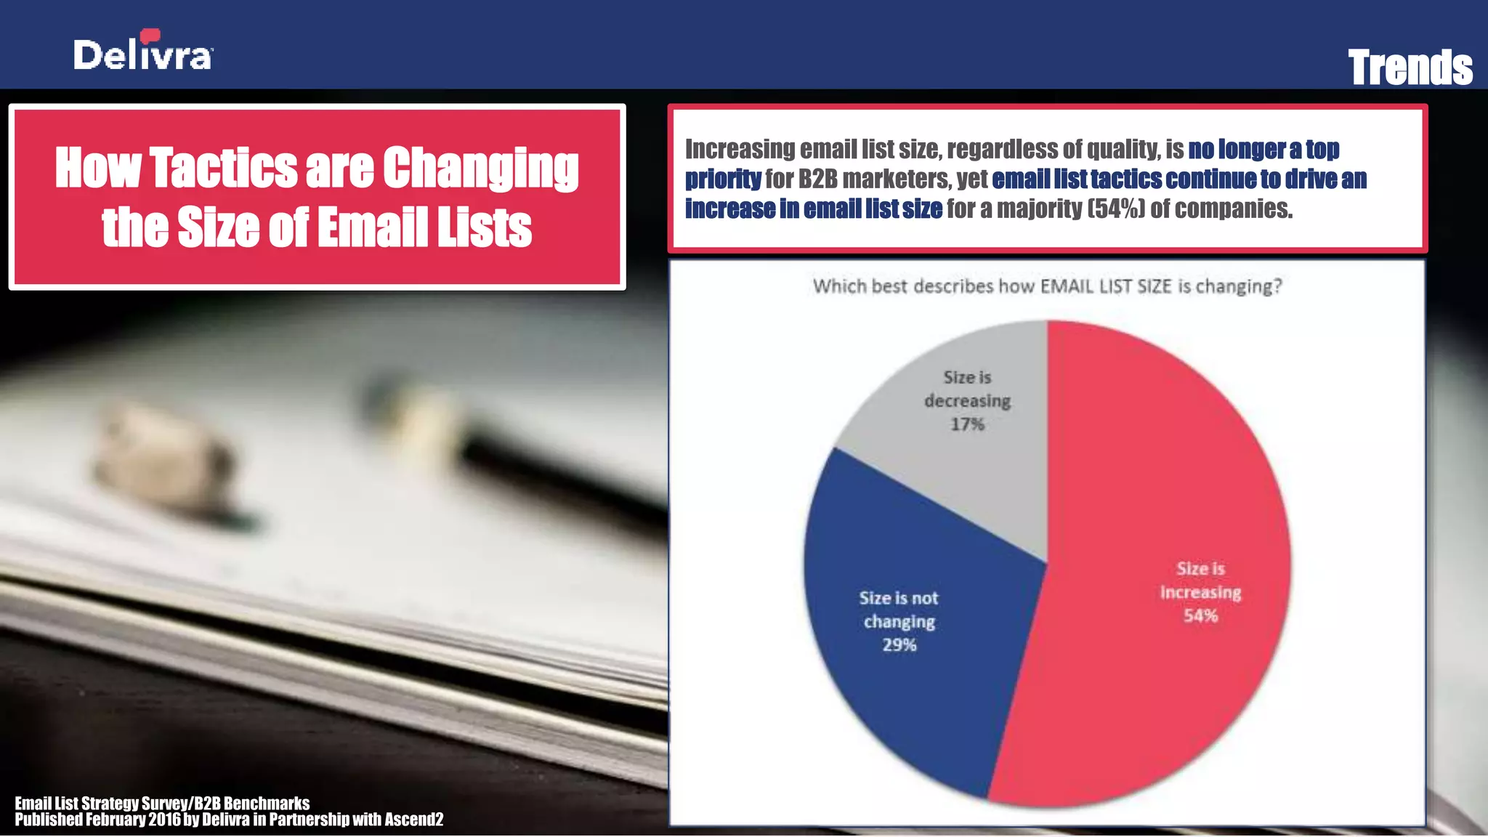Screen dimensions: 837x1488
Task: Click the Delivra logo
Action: click(143, 52)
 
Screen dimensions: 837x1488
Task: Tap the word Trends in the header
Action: click(1410, 68)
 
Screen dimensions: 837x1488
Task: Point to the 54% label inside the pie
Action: click(1200, 616)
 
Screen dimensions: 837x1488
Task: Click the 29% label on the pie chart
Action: click(899, 645)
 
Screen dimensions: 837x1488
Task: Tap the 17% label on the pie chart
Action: click(968, 424)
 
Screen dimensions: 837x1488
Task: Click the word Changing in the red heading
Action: click(480, 169)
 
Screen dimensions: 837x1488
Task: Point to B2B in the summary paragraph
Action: click(817, 179)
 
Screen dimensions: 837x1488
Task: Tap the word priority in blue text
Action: click(723, 179)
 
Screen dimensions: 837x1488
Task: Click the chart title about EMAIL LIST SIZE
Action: click(1047, 286)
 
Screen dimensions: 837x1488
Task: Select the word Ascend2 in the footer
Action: click(413, 820)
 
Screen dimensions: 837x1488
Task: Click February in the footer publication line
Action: click(116, 820)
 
